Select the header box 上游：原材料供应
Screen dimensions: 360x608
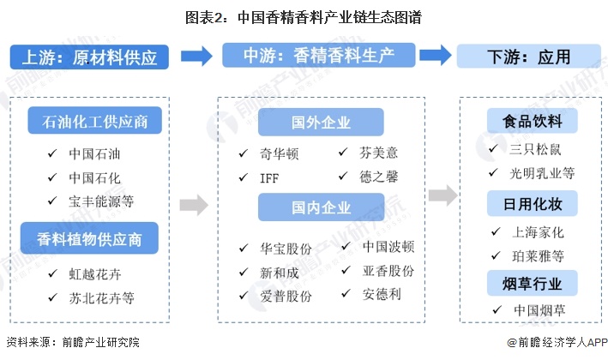click(x=89, y=57)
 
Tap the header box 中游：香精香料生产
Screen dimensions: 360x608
click(x=320, y=57)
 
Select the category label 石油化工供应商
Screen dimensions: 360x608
click(x=95, y=122)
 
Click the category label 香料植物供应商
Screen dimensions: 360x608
click(x=95, y=237)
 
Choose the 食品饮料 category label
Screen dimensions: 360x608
click(x=532, y=121)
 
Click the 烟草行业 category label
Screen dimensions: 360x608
click(x=532, y=282)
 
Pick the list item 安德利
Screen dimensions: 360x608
click(x=381, y=293)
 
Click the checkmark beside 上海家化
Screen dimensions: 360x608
click(x=494, y=232)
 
